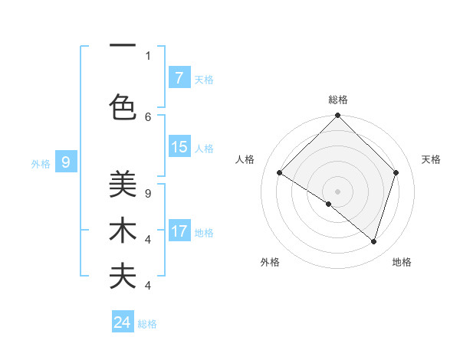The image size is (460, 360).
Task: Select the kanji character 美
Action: pos(123,185)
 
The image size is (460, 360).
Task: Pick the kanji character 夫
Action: pos(123,277)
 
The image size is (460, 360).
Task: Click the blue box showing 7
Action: pos(179,77)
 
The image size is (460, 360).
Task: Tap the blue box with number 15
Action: pos(179,147)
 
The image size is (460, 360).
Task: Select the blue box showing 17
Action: pos(179,231)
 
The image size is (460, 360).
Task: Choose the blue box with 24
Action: pos(123,322)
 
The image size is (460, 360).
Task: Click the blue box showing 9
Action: pos(66,162)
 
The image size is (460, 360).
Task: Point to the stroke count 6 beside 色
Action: pos(148,116)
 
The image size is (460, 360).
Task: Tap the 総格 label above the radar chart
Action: pos(338,100)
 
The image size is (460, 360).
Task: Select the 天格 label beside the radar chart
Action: pos(432,159)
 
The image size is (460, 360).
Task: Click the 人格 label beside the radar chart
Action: pos(245,159)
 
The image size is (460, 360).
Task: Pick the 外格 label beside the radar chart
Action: pos(270,262)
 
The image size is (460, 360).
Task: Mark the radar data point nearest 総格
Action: pos(338,116)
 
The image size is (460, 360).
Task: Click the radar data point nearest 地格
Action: pos(374,241)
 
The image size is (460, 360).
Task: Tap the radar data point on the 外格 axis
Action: pos(329,204)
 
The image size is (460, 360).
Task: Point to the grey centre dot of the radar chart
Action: pos(338,191)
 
